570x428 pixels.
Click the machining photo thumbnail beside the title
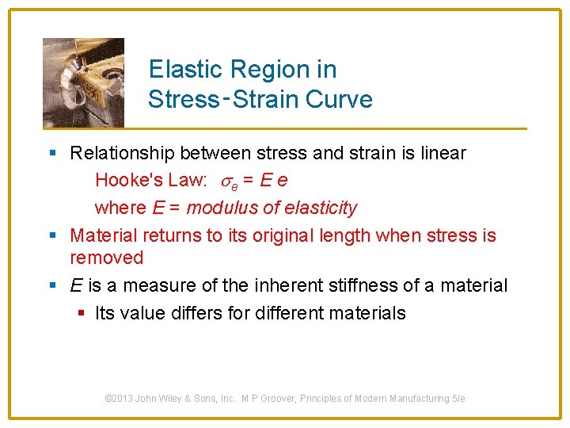83,82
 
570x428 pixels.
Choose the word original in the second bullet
291,235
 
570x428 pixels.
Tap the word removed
107,258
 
